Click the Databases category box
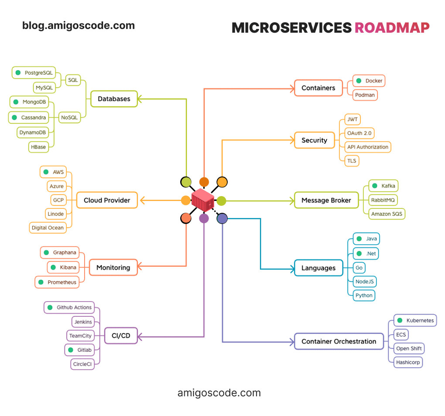coord(114,99)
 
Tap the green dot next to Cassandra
coord(14,118)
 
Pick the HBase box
coord(38,147)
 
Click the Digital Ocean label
coord(47,228)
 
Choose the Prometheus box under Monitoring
coord(57,282)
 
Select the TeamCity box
coord(80,336)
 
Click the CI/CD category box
coord(121,336)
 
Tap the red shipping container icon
coord(203,201)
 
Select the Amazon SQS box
coord(386,214)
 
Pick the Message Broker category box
coord(326,200)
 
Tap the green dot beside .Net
coord(359,253)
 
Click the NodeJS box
coord(364,281)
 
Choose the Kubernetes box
coord(415,320)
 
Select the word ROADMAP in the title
coord(392,28)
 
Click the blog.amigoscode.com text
coord(79,26)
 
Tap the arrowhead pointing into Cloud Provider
coord(142,201)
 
